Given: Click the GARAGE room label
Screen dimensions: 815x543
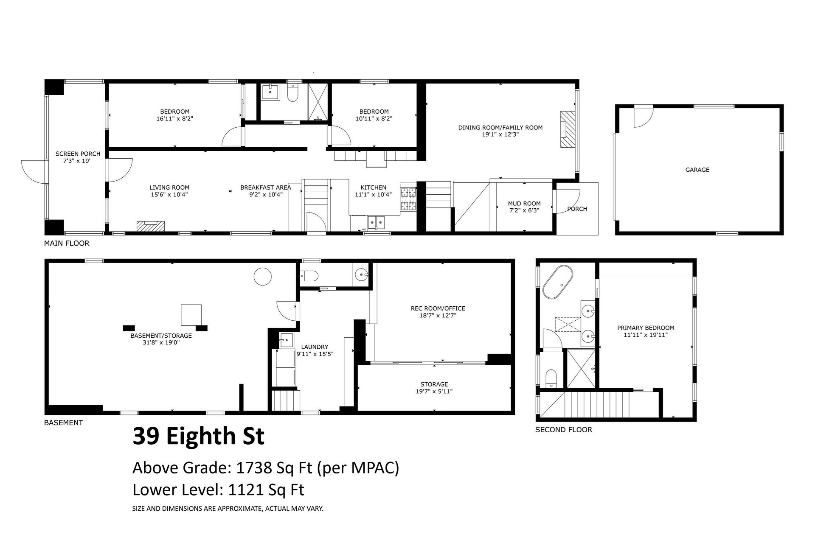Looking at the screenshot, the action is pos(697,170).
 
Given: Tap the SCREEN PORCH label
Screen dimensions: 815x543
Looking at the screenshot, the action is pos(78,154).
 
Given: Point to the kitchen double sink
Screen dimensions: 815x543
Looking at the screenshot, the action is pos(376,221).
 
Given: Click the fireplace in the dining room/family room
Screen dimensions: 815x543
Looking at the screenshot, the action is pos(567,129).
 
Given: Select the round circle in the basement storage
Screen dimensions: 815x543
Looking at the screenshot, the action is pos(262,276).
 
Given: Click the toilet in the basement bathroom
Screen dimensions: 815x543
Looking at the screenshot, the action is pos(309,276).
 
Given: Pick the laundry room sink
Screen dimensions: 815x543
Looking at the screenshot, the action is pos(287,340).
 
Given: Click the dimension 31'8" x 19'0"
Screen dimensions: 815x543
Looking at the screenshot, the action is pos(161,342).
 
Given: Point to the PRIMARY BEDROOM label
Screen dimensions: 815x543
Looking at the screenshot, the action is pos(646,327).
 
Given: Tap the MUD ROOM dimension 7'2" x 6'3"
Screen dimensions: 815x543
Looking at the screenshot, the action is pos(524,210).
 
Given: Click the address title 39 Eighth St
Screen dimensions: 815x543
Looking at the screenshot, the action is pos(199,436).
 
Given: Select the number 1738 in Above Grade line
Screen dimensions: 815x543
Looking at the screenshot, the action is pos(254,468).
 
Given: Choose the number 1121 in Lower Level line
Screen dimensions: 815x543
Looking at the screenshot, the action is pos(246,490).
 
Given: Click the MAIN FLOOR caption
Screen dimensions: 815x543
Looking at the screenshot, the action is pos(67,244).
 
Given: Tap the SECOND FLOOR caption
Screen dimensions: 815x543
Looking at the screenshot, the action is pos(564,430).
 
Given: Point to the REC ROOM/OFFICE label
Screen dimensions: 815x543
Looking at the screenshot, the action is pos(438,308).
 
